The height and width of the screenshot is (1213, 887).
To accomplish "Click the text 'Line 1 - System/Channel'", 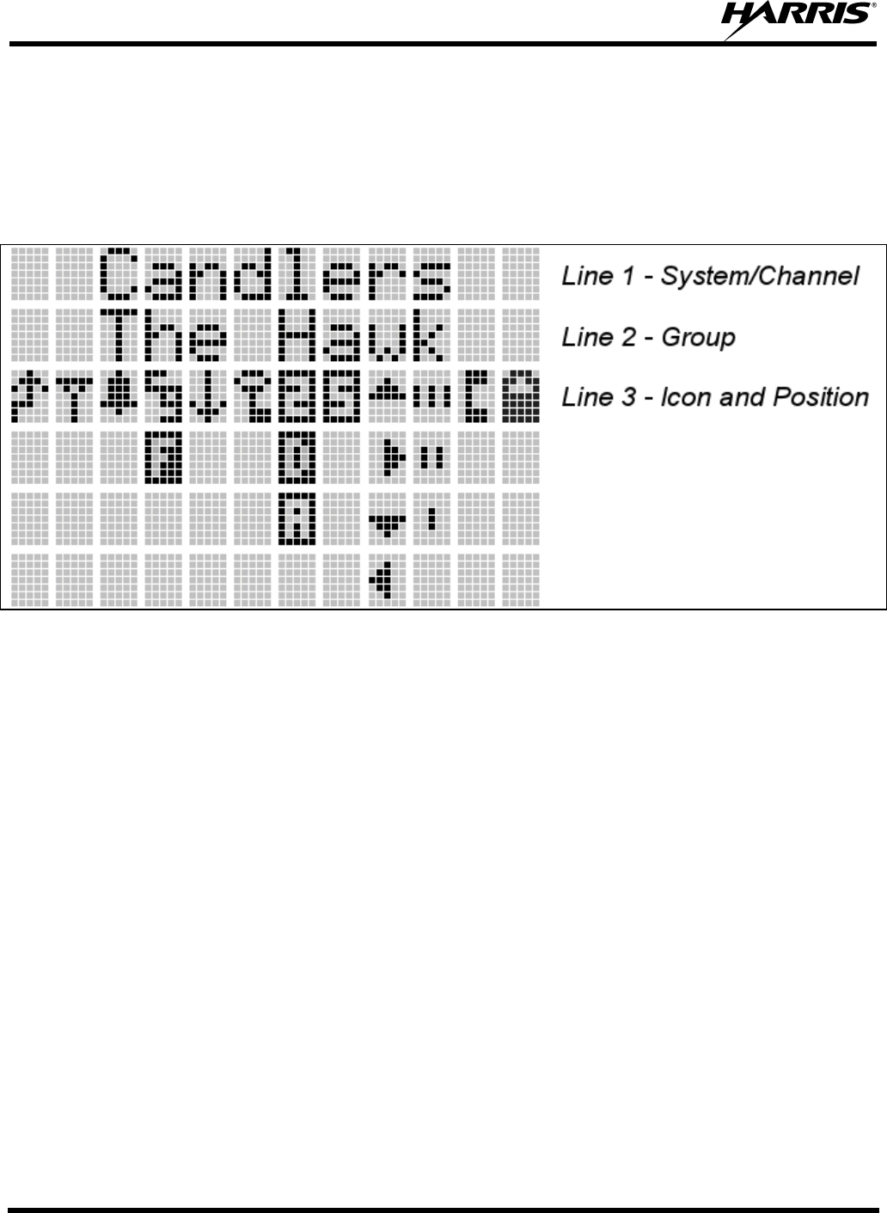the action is tap(710, 276).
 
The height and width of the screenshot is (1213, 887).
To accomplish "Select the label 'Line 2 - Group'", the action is tap(648, 337).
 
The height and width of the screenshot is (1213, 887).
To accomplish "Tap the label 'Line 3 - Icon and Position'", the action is tap(715, 397).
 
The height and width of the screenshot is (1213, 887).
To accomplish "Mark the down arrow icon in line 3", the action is tap(209, 397).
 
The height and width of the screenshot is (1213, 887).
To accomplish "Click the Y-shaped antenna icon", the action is tap(75, 397).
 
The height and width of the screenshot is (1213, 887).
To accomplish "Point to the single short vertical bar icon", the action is tap(432, 518).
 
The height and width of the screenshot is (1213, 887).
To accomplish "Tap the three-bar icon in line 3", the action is tap(432, 397).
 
